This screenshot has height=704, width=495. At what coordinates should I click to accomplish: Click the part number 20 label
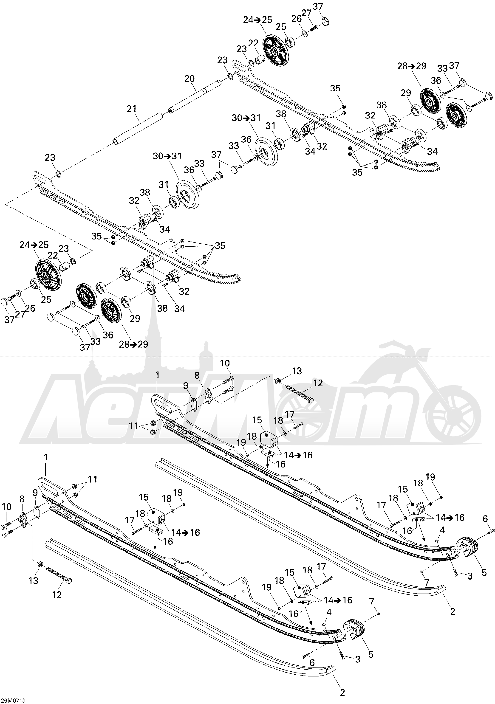click(x=190, y=79)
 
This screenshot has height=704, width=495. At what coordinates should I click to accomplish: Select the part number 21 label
click(x=132, y=109)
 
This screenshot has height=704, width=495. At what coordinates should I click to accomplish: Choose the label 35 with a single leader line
click(x=335, y=88)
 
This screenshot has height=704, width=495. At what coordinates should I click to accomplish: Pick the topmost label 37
click(x=318, y=6)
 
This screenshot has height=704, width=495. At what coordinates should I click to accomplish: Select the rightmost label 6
click(x=485, y=518)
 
